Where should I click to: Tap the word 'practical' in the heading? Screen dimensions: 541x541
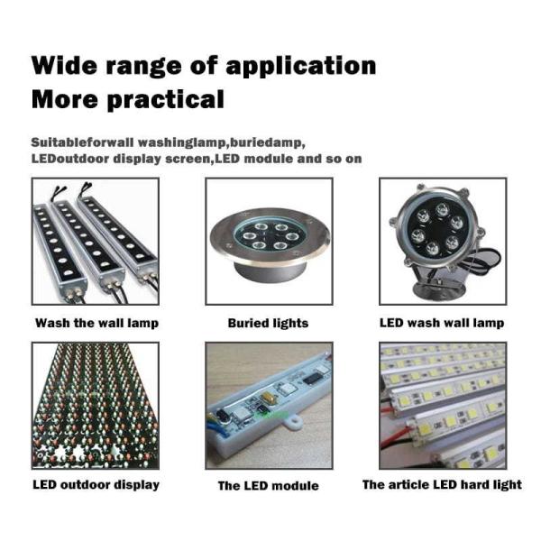166,100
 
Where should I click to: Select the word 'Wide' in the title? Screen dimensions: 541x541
65,65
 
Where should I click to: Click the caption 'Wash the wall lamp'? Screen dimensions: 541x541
97,324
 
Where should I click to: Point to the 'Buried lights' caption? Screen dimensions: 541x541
268,324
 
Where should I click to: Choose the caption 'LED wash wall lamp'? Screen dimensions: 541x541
442,324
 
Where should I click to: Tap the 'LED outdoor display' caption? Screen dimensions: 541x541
96,485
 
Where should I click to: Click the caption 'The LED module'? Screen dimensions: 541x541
268,486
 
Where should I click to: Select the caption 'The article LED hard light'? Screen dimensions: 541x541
442,485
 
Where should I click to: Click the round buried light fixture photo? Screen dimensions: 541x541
269,241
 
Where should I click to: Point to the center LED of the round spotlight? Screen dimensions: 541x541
436,229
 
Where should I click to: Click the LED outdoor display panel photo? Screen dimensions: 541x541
96,406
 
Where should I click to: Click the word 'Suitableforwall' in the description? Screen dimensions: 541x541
82,142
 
